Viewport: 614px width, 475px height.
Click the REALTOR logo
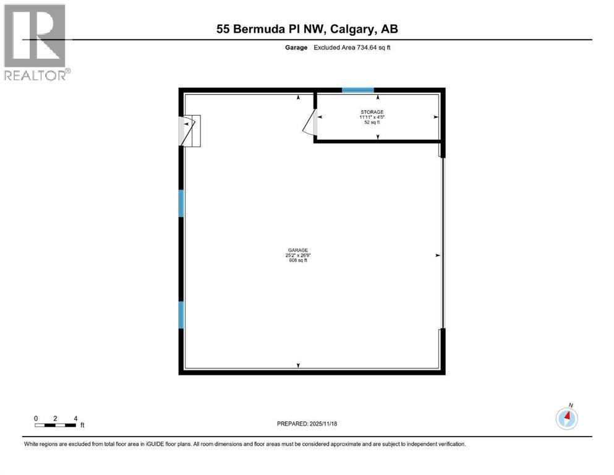click(x=37, y=42)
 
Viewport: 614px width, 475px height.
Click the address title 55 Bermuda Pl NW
click(x=271, y=29)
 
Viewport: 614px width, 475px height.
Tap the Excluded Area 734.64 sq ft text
click(x=352, y=48)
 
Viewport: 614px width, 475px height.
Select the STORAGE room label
click(x=372, y=112)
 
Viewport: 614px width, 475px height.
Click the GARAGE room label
click(x=298, y=250)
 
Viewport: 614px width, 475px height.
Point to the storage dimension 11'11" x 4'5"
click(x=372, y=117)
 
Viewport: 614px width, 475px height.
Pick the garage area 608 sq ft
click(x=298, y=260)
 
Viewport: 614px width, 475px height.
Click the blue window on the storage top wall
click(x=358, y=90)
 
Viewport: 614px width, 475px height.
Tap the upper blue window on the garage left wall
click(x=181, y=203)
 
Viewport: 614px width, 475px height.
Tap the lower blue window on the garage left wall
click(x=181, y=315)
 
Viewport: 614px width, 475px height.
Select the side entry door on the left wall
click(x=190, y=131)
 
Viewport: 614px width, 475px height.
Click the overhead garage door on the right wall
click(x=443, y=243)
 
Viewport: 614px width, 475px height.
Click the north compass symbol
click(x=566, y=418)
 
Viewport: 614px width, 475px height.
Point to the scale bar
click(x=55, y=426)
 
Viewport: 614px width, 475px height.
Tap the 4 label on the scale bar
click(x=75, y=419)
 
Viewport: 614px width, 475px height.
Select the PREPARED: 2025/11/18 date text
click(x=307, y=424)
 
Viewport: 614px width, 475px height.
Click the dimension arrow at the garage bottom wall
click(x=299, y=366)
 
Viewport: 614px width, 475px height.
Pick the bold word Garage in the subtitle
click(x=296, y=48)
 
